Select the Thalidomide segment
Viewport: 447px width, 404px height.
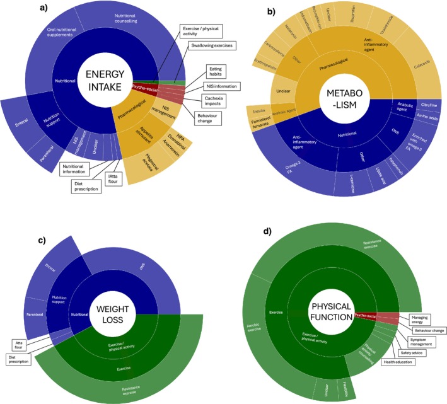[396, 36]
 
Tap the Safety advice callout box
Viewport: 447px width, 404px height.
[409, 354]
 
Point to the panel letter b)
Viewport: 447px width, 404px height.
[253, 11]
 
